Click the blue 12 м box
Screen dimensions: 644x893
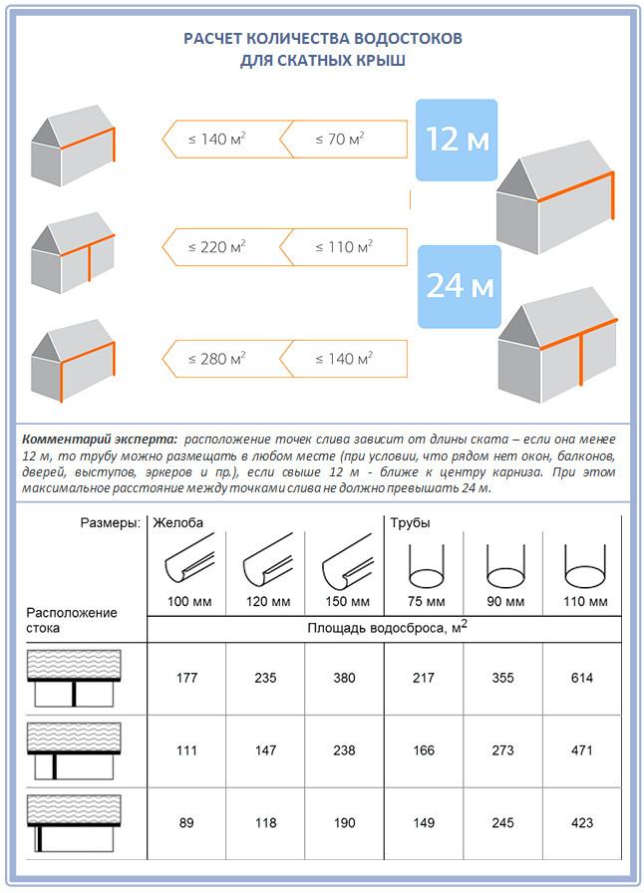pos(457,140)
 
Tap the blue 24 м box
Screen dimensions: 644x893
pos(460,286)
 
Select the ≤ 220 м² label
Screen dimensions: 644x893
pos(217,247)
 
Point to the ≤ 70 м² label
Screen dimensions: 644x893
pos(340,139)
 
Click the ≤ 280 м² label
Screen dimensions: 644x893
pos(217,359)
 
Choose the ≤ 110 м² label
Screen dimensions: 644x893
pos(344,247)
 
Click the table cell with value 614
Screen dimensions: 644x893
pos(582,678)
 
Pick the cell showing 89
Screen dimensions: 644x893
pos(186,823)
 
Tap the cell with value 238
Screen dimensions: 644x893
pos(344,750)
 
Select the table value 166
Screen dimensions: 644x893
pos(424,750)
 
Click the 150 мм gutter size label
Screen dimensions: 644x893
pos(347,601)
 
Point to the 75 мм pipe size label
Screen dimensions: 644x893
pos(427,601)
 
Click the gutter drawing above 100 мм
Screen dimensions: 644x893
pos(189,559)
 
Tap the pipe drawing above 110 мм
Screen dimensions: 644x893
pos(585,566)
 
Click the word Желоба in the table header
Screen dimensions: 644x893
pos(177,523)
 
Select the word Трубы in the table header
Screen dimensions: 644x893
pos(411,523)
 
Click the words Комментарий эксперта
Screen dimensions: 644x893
pos(101,440)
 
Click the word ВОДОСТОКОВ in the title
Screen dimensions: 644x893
pos(408,38)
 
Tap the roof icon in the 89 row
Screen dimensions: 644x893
pos(74,823)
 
